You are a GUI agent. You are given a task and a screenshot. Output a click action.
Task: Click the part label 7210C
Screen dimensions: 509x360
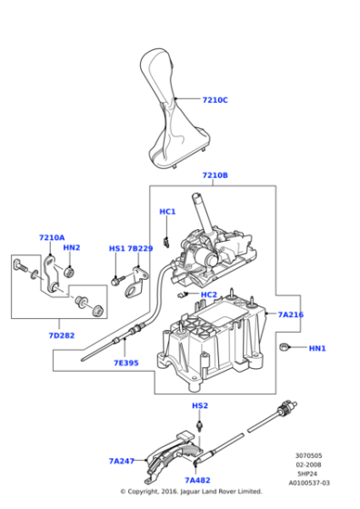(x=215, y=100)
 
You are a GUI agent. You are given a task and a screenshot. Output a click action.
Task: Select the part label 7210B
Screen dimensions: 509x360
(x=215, y=175)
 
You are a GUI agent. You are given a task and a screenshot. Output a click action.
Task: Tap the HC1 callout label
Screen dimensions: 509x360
(x=167, y=212)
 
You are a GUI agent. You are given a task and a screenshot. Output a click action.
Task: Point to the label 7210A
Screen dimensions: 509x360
(x=52, y=237)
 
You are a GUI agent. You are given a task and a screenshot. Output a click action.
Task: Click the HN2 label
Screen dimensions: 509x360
(x=72, y=248)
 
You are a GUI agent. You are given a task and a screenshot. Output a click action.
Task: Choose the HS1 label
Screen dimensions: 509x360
(x=117, y=248)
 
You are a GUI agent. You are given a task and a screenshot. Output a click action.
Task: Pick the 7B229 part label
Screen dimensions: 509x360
(x=140, y=248)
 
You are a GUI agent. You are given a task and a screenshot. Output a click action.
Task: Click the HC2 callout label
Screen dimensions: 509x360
(x=209, y=294)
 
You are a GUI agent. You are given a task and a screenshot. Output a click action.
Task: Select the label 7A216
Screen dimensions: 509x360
(x=290, y=314)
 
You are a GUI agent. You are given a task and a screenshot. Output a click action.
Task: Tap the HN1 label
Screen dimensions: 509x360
(x=317, y=348)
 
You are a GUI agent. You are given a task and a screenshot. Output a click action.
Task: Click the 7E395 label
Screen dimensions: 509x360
(x=125, y=363)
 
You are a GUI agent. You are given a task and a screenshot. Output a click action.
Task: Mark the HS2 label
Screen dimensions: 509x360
(x=200, y=404)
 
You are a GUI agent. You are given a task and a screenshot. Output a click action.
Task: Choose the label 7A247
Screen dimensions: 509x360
(x=122, y=461)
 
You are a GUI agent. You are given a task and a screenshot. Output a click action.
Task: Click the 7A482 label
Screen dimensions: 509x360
(x=197, y=480)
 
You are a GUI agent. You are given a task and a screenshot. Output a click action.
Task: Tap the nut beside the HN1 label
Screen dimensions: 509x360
(x=285, y=347)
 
